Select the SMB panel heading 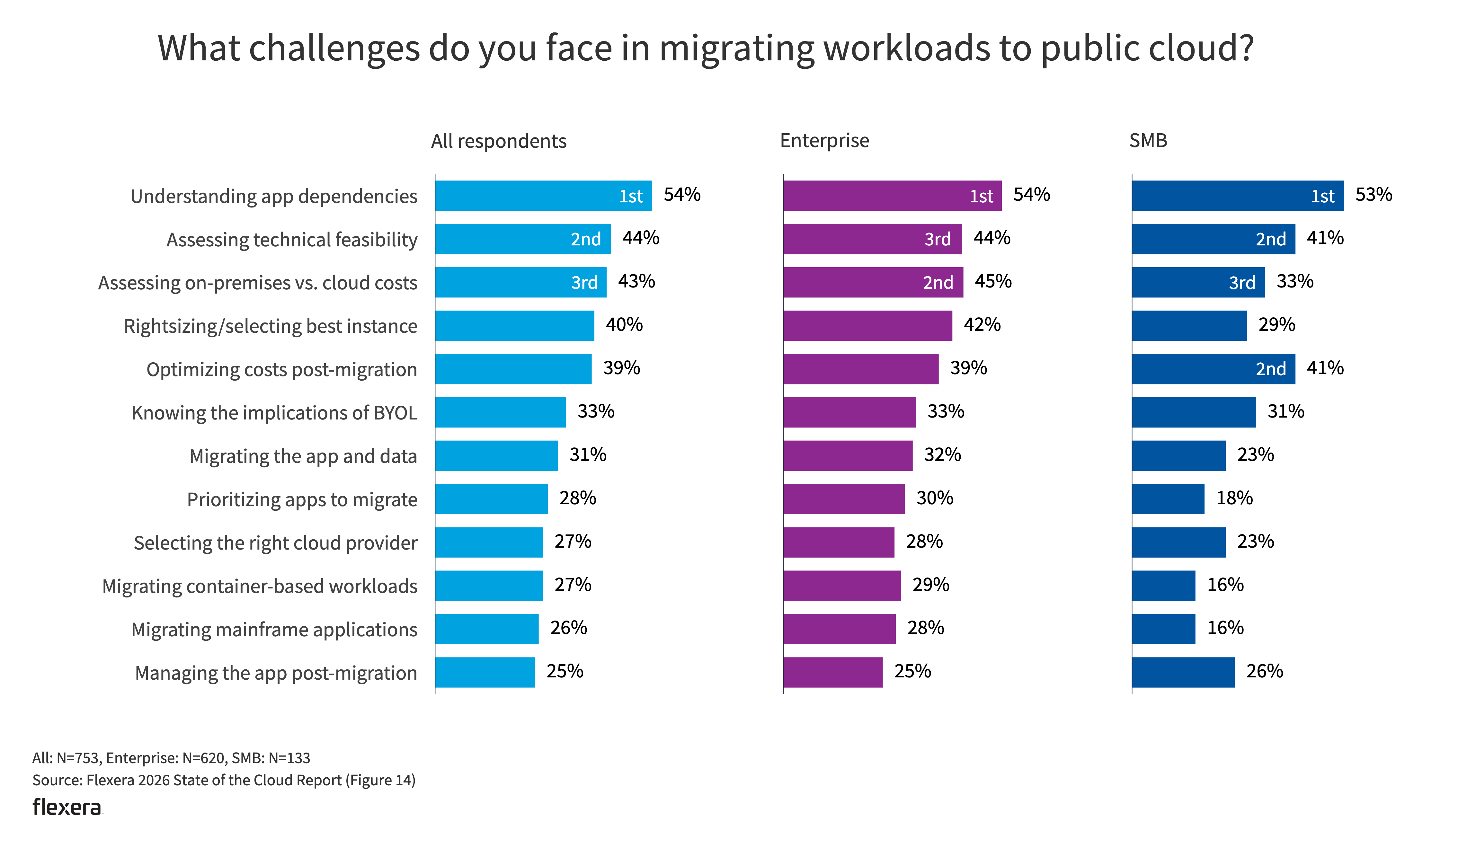pos(1148,141)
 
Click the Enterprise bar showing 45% pos(873,282)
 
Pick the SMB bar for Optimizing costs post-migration pos(1213,369)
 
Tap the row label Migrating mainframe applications pos(274,630)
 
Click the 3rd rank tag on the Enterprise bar pos(937,239)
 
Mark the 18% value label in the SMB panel pos(1234,498)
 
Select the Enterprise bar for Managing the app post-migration pos(832,673)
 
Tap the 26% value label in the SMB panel pos(1264,671)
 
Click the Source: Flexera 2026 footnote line pos(224,780)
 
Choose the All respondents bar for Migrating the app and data pos(496,455)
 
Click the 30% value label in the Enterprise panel pos(934,498)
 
